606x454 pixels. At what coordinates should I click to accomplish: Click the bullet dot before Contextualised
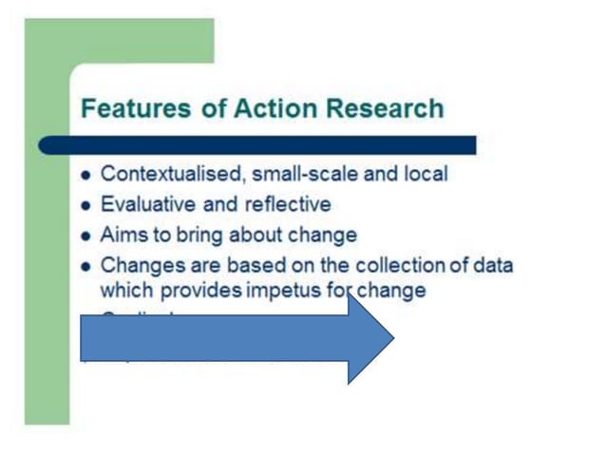[87, 176]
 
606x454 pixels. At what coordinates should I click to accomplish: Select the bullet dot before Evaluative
[87, 205]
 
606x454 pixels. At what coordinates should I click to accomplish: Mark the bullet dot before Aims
[87, 236]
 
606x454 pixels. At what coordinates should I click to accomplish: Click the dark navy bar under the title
[256, 145]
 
